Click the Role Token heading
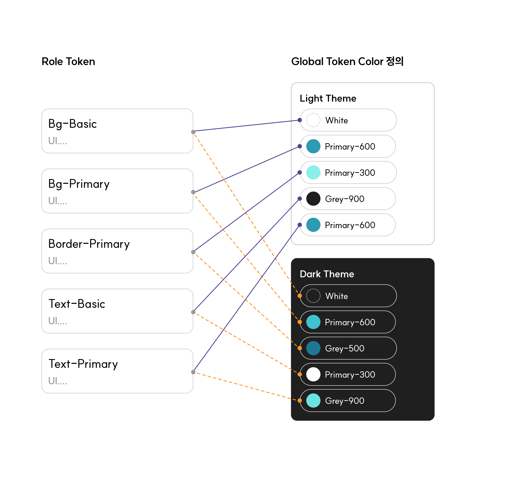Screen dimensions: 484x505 point(68,62)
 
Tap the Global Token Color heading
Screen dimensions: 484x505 point(347,62)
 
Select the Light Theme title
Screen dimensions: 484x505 point(328,98)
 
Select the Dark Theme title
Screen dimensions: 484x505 point(327,274)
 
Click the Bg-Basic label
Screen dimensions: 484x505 point(72,124)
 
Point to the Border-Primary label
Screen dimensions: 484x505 point(89,244)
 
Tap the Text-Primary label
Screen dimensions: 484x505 point(83,364)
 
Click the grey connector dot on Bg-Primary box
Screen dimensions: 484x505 point(193,192)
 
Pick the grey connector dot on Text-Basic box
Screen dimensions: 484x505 point(193,312)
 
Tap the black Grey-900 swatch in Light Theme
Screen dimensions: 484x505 point(313,199)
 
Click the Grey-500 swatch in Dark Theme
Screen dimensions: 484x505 point(313,348)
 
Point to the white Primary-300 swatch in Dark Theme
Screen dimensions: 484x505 point(313,374)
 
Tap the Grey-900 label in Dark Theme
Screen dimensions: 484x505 point(344,401)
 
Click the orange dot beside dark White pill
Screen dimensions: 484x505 point(300,296)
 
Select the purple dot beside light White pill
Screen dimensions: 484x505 point(300,120)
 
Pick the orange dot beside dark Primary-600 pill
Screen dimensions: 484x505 point(300,322)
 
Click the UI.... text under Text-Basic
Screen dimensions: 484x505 point(58,321)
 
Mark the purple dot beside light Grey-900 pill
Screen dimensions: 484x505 point(300,199)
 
